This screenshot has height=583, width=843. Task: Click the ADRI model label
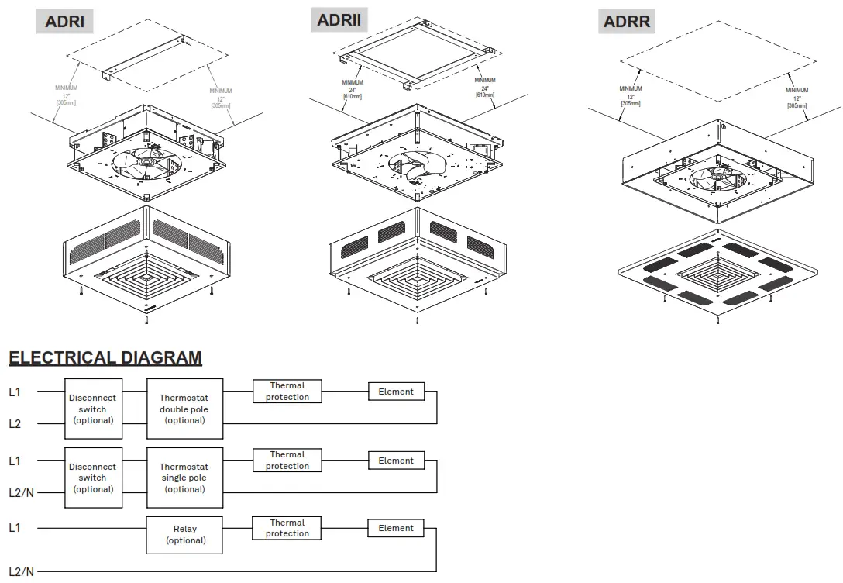[x=65, y=21]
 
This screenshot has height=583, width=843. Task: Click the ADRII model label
[x=339, y=19]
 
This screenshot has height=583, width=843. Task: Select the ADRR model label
[x=626, y=21]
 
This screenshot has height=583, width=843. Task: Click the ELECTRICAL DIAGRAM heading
[x=105, y=358]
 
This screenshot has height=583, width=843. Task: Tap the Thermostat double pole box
[x=184, y=409]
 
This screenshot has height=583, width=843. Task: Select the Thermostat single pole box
[x=184, y=478]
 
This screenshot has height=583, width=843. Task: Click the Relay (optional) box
[x=184, y=535]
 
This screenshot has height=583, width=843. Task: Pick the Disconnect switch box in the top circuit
[x=93, y=409]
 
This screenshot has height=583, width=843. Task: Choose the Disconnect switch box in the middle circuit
[x=93, y=478]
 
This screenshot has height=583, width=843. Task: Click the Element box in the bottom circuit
[x=396, y=528]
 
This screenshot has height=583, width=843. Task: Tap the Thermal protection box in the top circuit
[x=287, y=392]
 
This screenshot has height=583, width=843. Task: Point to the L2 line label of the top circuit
[x=15, y=424]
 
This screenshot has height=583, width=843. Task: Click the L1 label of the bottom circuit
[x=15, y=528]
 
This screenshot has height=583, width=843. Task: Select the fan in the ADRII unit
[x=418, y=166]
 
